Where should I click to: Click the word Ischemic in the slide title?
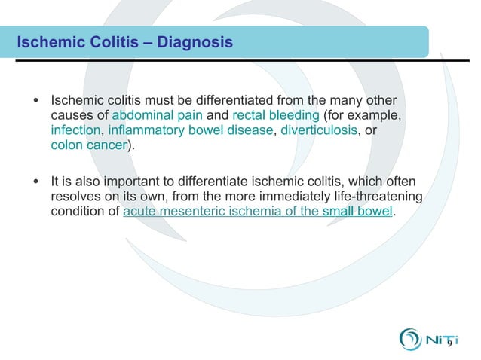pyautogui.click(x=47, y=42)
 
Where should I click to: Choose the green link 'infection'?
pyautogui.click(x=74, y=130)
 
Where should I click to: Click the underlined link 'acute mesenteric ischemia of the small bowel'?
pyautogui.click(x=258, y=212)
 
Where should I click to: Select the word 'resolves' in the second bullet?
pyautogui.click(x=74, y=197)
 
